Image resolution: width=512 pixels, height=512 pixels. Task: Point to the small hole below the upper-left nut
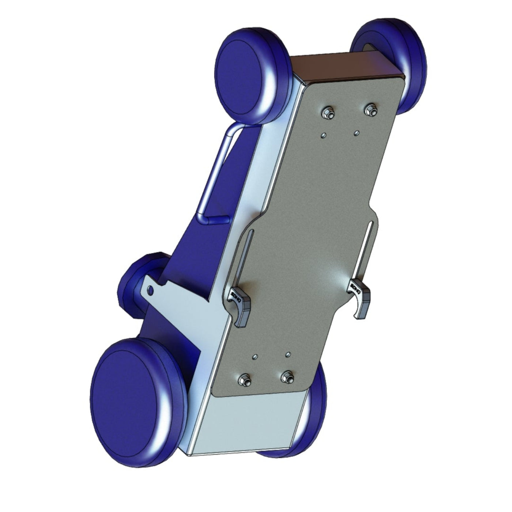coord(323,135)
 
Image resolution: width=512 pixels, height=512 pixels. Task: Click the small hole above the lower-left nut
coord(256,356)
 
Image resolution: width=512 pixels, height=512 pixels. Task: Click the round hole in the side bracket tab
coord(150,290)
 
